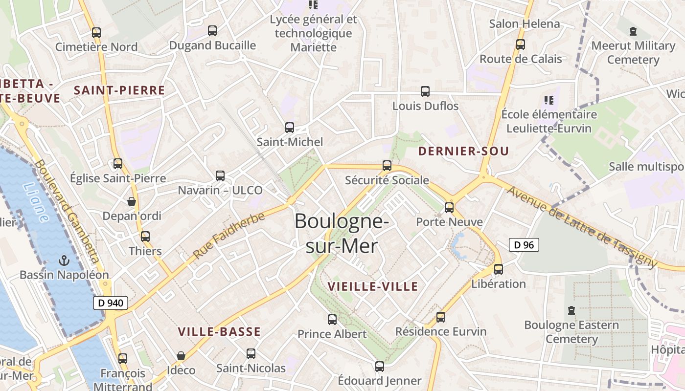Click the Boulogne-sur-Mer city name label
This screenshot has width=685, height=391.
click(x=342, y=234)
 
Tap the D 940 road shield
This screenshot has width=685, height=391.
click(x=111, y=303)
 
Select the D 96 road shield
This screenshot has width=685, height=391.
click(x=524, y=245)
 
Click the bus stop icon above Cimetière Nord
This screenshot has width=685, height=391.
click(x=96, y=33)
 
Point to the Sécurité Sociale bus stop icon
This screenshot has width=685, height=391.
click(x=387, y=166)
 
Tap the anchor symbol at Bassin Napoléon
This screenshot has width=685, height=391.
click(x=64, y=261)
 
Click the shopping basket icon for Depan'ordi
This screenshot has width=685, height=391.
click(x=132, y=201)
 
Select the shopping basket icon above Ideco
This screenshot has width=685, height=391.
click(x=181, y=356)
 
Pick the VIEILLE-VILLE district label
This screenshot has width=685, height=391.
click(x=373, y=287)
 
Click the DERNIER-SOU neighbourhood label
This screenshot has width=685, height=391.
click(x=463, y=152)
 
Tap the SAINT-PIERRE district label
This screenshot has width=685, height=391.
click(x=119, y=90)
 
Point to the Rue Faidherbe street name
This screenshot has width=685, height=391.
click(x=228, y=236)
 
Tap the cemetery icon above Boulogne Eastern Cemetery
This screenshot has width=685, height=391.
click(x=571, y=310)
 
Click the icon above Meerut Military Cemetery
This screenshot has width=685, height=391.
click(x=633, y=32)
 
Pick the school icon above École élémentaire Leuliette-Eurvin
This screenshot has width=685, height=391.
click(x=549, y=100)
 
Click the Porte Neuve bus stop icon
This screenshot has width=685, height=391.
click(x=449, y=207)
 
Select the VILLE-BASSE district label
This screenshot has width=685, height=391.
click(x=219, y=332)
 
